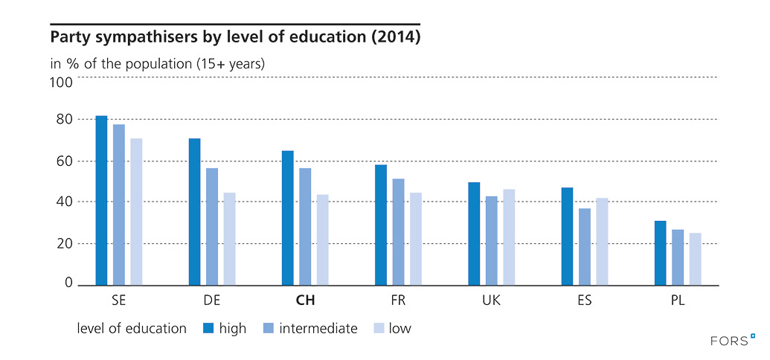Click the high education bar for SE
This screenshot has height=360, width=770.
point(101,200)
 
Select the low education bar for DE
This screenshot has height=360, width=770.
point(229,239)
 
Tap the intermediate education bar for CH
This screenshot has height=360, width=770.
point(305,226)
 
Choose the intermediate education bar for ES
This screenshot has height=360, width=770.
point(585,246)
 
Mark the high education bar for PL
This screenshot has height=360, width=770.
point(660,253)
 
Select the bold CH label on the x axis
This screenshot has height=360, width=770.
point(305,301)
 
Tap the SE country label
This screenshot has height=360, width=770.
point(118,301)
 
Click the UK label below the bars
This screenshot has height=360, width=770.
point(491,301)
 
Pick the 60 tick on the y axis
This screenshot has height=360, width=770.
point(65,161)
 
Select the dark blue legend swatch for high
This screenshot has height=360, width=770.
point(208,329)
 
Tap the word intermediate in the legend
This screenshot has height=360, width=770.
point(318,329)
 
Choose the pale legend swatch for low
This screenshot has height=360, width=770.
point(376,329)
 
